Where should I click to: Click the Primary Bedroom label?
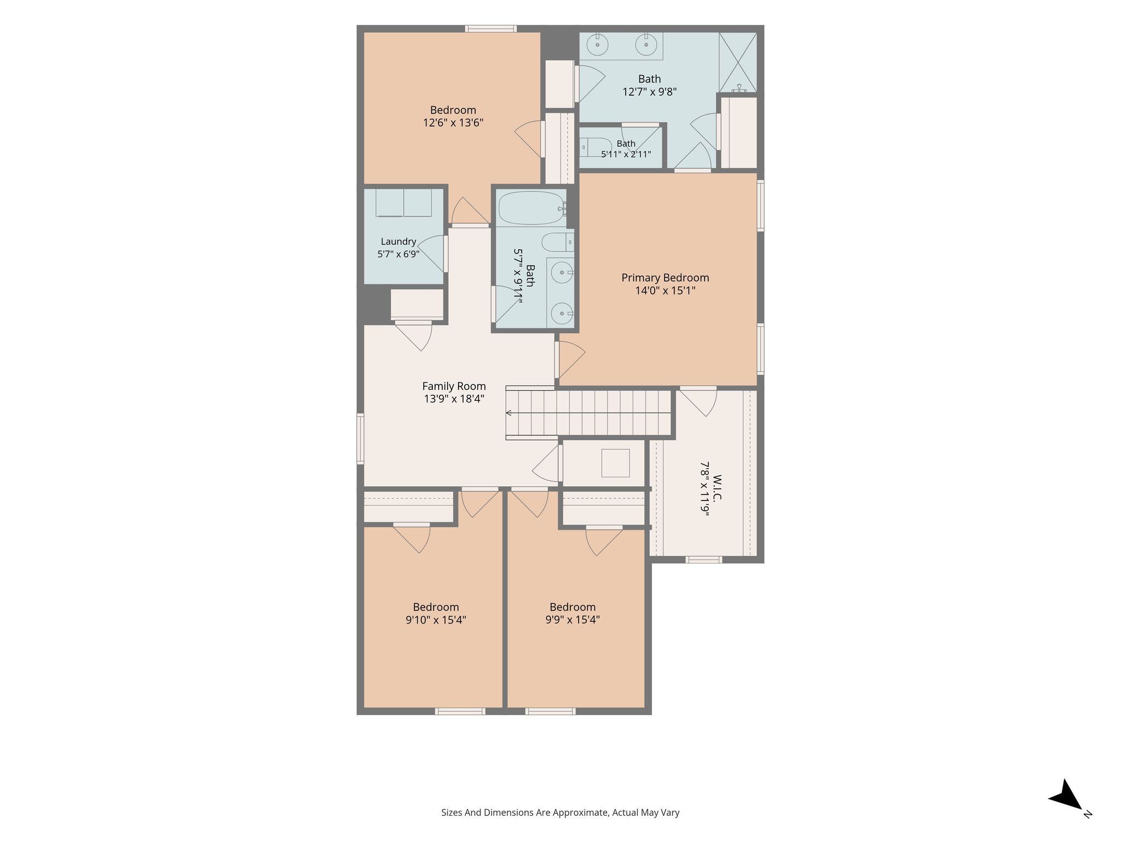[665, 278]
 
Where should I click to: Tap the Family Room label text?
[454, 386]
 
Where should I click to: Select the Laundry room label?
[398, 241]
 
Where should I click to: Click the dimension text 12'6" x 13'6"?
[453, 123]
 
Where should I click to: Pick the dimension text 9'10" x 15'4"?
[436, 620]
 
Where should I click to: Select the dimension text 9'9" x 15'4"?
[573, 620]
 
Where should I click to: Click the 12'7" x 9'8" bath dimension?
[650, 92]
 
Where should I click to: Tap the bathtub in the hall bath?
[533, 208]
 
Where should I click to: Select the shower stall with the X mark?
[738, 62]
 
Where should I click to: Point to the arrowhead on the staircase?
[509, 413]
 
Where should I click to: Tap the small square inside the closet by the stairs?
[615, 463]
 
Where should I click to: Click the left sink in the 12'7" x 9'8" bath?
[598, 44]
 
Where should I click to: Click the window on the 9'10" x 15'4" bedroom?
[460, 711]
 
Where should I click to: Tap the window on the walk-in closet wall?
[704, 560]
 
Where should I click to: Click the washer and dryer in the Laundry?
[403, 203]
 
